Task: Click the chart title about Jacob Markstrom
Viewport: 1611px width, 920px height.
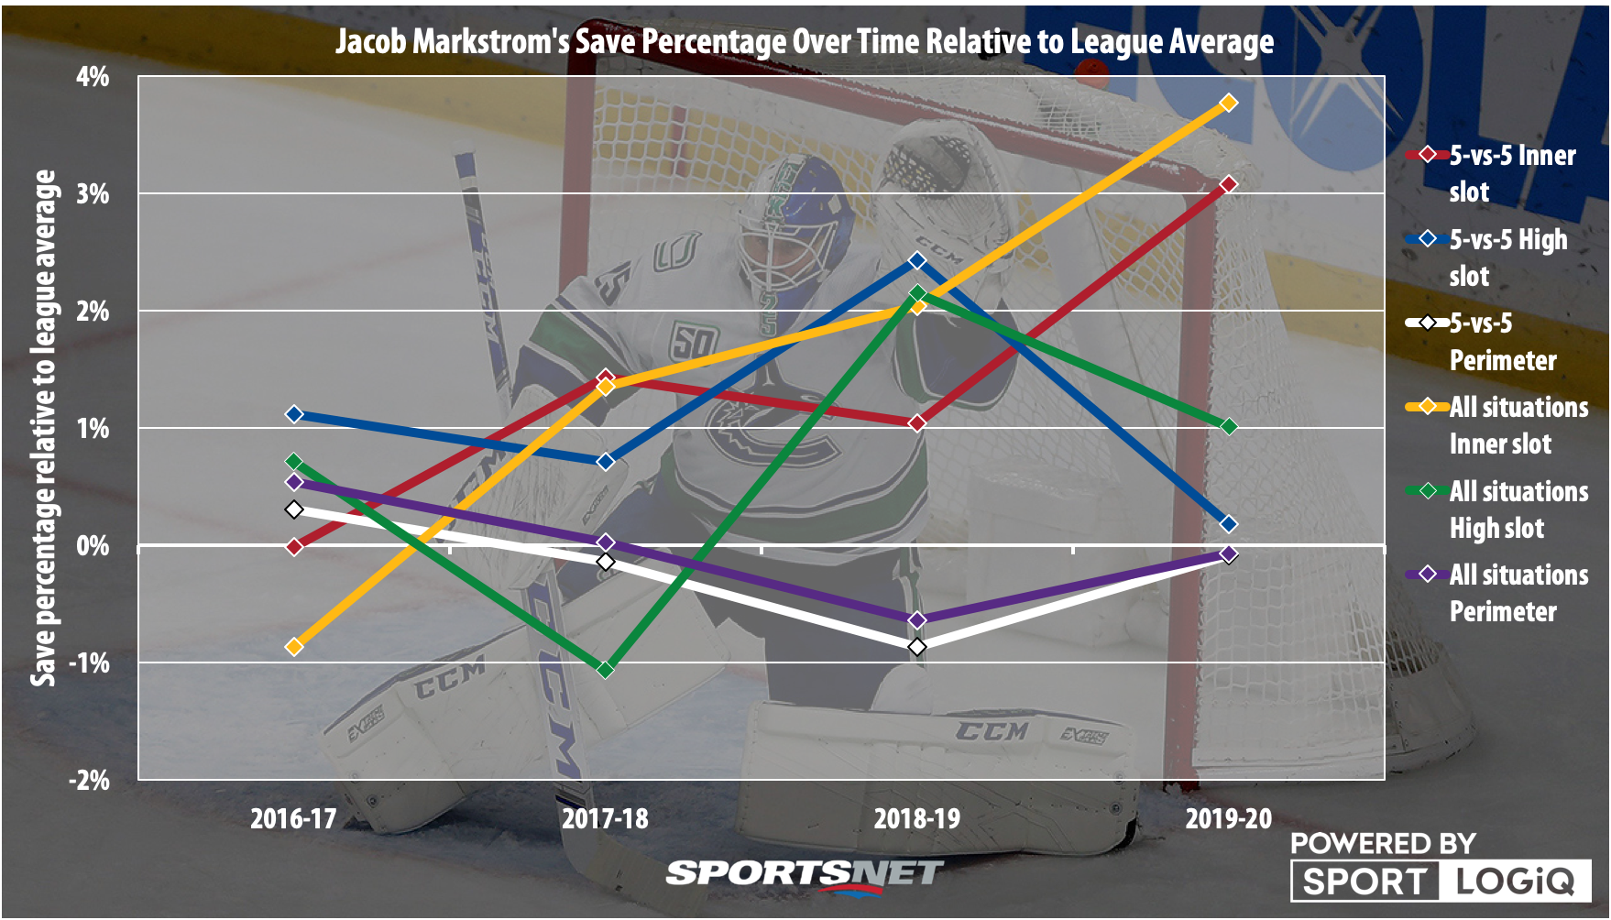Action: [805, 42]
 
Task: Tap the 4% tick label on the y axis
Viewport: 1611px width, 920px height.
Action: [93, 77]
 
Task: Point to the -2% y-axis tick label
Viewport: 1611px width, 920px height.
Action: [89, 781]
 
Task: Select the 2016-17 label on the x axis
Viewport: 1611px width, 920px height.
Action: [293, 818]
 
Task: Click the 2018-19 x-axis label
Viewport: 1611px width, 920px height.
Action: [916, 818]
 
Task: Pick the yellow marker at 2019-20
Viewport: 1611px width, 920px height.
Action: [1229, 104]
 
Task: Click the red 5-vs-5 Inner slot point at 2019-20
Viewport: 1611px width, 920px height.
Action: [1229, 184]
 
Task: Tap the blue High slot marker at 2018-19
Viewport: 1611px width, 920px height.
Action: [917, 261]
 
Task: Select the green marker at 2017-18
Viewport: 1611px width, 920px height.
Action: [605, 670]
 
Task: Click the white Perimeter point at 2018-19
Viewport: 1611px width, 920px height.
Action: [917, 647]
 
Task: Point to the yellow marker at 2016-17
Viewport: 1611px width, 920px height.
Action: [294, 646]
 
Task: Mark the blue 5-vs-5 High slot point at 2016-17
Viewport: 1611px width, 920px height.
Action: [294, 414]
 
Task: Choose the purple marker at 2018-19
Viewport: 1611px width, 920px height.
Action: [917, 620]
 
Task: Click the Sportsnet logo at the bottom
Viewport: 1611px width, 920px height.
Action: [805, 873]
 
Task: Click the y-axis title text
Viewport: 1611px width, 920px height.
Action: [44, 428]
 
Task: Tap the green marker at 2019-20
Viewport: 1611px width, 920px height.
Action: [1229, 427]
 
